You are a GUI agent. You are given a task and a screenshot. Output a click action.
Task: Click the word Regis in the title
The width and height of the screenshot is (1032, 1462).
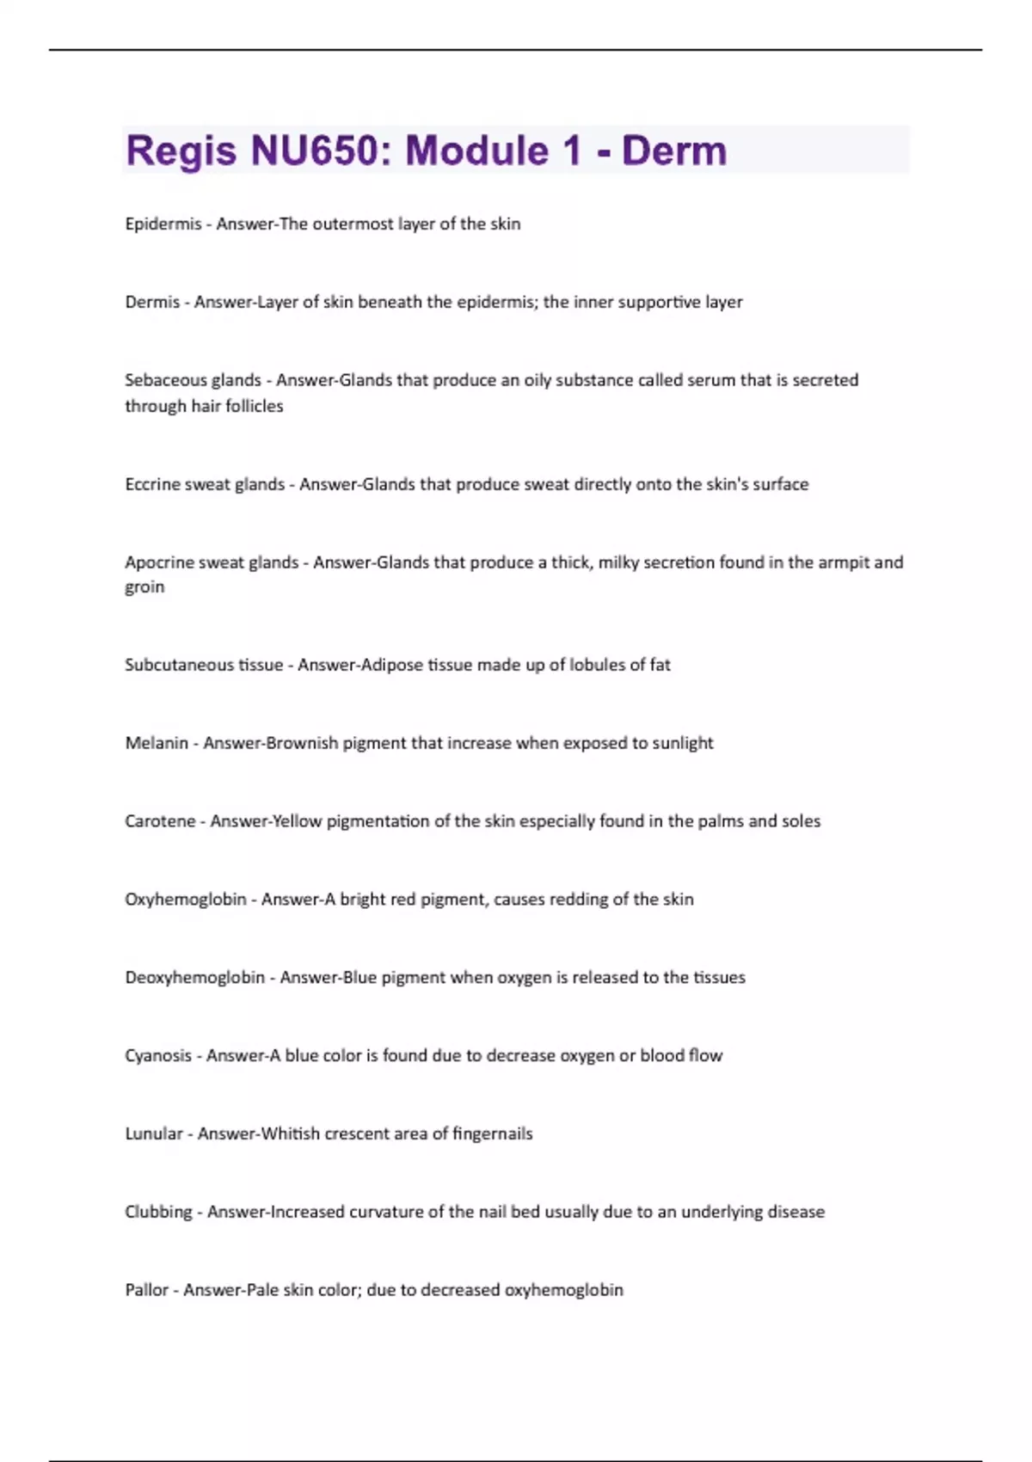point(181,151)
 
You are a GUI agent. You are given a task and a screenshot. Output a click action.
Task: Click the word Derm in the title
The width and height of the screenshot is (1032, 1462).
point(674,151)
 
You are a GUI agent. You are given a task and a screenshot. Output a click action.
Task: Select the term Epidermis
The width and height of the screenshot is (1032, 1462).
point(163,224)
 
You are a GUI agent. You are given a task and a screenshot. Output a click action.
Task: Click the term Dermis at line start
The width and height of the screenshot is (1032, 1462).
point(152,302)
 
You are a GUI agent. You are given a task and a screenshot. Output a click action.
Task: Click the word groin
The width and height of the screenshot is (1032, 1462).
point(144,587)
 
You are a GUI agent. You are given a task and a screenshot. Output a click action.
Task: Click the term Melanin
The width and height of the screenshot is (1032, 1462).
point(156,743)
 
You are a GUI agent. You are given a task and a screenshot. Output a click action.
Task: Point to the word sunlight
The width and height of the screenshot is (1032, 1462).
point(683,743)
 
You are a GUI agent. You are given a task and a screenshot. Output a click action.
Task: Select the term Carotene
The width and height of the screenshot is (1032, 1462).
point(160,821)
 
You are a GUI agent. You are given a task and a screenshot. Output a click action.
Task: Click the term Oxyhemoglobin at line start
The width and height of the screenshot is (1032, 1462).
point(185,900)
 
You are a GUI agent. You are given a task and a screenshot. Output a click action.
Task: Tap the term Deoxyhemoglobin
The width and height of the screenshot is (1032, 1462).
point(194,978)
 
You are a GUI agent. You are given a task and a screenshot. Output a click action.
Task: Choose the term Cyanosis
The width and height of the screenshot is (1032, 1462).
point(158,1056)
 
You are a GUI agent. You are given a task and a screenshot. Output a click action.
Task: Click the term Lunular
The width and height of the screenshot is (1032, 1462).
point(154,1133)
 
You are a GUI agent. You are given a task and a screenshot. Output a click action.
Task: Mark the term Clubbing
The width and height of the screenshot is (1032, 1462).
point(158,1212)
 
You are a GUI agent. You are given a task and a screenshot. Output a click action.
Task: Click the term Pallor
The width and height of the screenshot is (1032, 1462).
point(146,1290)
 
